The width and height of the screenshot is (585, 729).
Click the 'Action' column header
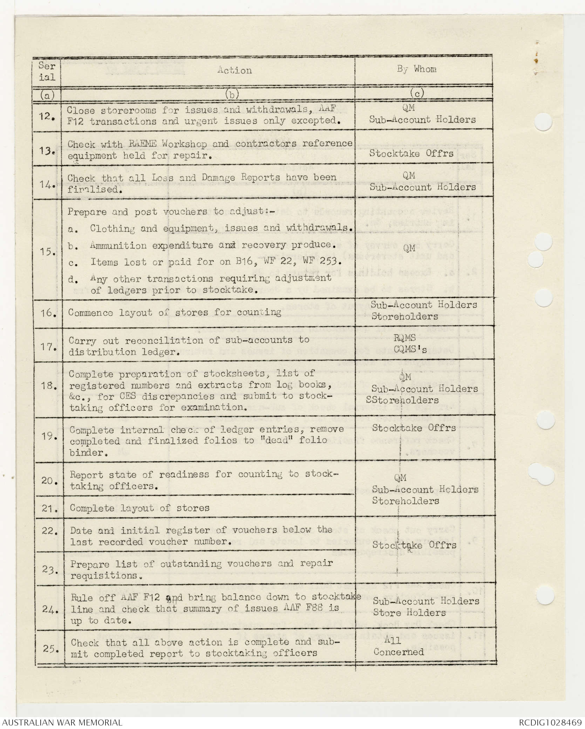[x=234, y=70]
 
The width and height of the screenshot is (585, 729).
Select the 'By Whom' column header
[x=417, y=69]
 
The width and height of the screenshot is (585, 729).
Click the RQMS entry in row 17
[x=404, y=338]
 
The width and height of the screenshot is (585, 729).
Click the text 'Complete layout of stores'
[x=140, y=508]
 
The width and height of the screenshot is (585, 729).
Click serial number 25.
[x=51, y=648]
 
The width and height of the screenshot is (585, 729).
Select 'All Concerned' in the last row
[x=398, y=646]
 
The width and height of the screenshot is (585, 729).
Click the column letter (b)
[x=232, y=94]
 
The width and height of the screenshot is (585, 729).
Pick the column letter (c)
[x=417, y=93]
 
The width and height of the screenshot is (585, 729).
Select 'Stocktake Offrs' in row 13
[x=411, y=153]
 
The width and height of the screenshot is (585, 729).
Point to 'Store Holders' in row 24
[x=409, y=613]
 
